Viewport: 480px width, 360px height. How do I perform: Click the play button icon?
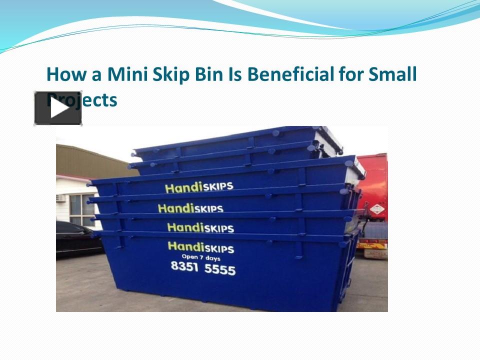[58, 108]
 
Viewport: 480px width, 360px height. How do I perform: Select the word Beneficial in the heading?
[290, 74]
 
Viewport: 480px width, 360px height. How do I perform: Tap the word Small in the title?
[392, 74]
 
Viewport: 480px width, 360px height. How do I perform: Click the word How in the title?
[62, 74]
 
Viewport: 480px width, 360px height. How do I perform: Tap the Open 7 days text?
[200, 257]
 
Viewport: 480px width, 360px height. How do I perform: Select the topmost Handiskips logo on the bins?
[199, 187]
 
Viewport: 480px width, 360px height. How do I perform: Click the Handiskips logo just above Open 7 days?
[200, 246]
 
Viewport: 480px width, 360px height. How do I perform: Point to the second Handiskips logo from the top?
[190, 207]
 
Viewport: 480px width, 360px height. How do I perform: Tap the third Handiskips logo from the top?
[200, 227]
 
